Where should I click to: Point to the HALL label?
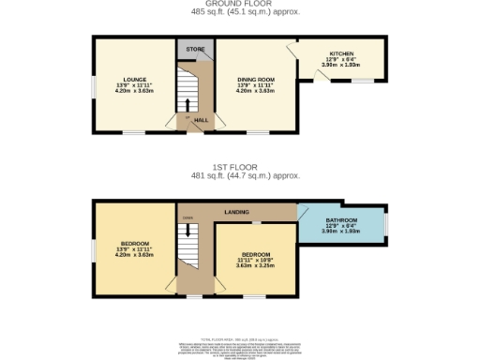point(200,120)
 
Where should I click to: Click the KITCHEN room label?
point(340,53)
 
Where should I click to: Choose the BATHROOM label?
point(340,218)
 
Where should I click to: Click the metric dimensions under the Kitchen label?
point(340,65)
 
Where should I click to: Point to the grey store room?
point(194,49)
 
